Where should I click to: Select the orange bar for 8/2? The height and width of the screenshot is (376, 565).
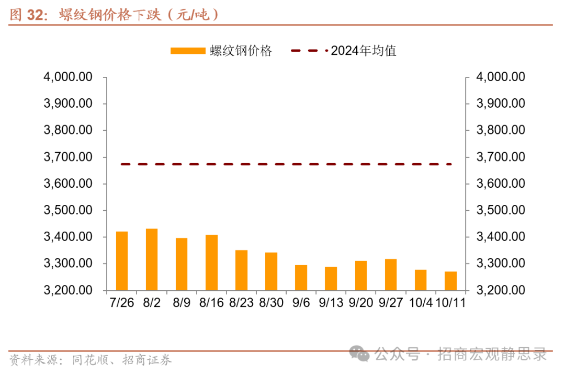pos(152,259)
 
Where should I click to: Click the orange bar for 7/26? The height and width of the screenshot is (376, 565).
pos(122,260)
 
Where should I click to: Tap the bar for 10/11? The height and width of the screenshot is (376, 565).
pos(450,281)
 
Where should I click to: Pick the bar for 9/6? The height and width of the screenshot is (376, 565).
pos(301,278)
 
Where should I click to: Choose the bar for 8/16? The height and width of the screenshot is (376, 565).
pos(211,263)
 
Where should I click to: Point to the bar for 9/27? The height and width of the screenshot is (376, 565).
pos(391,275)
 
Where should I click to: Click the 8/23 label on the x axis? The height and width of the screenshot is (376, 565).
pos(241,303)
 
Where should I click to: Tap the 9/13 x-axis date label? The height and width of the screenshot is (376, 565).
pos(331,303)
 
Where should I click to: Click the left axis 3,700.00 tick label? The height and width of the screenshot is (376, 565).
pos(69,157)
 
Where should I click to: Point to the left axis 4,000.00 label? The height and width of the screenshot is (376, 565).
pos(69,77)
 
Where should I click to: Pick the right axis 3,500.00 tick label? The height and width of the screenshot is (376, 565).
pos(501,210)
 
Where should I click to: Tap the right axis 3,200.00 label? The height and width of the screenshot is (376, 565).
pos(501,290)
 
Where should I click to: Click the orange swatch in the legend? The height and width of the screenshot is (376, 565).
pos(188,51)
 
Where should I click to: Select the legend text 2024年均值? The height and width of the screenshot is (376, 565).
pos(364,51)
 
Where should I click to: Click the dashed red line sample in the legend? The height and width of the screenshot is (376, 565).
pos(309,51)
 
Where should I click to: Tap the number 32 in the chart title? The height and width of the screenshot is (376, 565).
pos(35,15)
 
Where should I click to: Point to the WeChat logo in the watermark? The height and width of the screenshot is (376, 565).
pos(360,354)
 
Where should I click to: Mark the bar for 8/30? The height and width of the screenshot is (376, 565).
pos(271,271)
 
